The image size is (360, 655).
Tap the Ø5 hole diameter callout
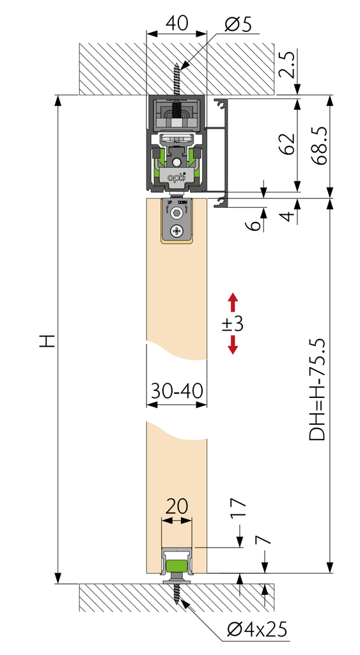[x=238, y=25]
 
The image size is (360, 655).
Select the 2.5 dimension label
[x=288, y=65]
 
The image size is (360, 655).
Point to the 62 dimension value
[x=288, y=143]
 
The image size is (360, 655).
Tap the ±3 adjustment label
[x=233, y=324]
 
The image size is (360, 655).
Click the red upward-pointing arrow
[x=233, y=303]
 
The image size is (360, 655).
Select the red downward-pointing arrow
[x=233, y=345]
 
